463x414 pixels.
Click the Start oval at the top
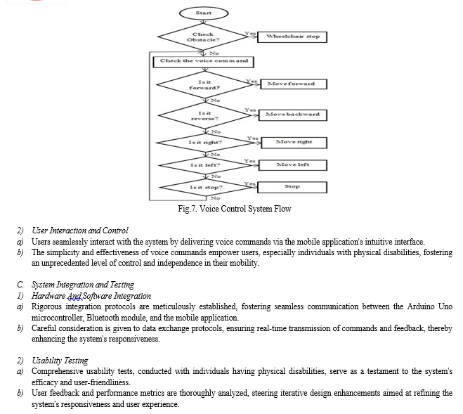click(204, 13)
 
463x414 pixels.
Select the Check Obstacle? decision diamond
click(204, 37)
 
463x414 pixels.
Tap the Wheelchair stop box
click(292, 37)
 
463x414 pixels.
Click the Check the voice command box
click(204, 62)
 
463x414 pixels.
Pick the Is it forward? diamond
click(204, 85)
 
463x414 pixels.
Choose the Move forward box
click(294, 84)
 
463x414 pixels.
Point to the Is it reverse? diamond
click(204, 115)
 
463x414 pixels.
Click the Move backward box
click(292, 115)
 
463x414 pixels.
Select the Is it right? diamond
click(205, 143)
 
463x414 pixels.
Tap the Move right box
click(294, 143)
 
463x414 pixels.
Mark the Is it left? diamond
click(205, 165)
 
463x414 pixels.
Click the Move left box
click(292, 165)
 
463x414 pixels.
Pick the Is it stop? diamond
click(206, 188)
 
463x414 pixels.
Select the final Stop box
click(292, 188)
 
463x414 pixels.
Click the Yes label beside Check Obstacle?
click(249, 34)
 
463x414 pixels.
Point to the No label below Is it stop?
click(215, 198)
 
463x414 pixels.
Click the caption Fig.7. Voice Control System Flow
click(235, 209)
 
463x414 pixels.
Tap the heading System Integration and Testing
click(83, 285)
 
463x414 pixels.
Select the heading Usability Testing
click(60, 361)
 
